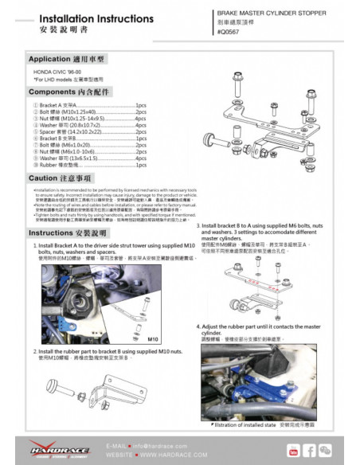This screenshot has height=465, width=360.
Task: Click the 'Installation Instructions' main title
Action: coord(85,18)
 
